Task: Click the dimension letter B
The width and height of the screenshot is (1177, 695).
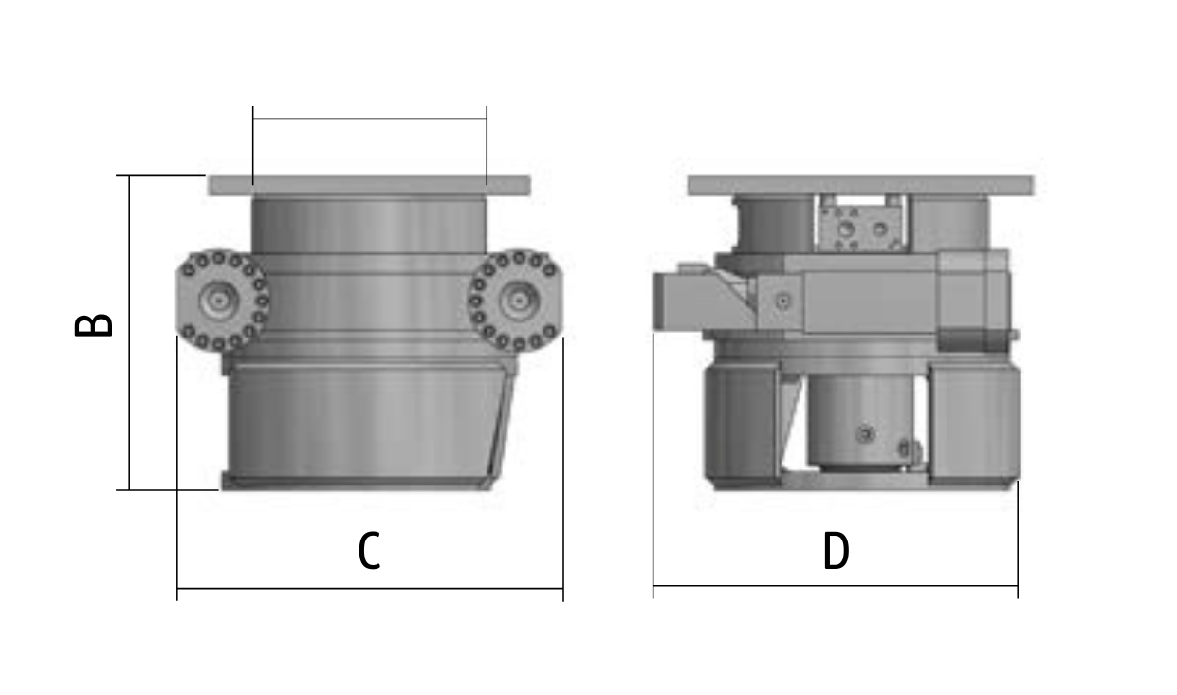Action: (x=94, y=325)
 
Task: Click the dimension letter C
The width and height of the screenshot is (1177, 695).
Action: (x=369, y=550)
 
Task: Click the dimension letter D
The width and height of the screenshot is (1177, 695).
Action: (x=836, y=550)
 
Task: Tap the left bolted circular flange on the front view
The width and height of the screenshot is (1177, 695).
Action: (x=223, y=300)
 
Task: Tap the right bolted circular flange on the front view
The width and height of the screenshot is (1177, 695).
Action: (x=515, y=300)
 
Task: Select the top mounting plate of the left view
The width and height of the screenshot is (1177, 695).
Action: (x=369, y=186)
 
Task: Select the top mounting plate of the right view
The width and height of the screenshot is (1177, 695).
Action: (x=860, y=186)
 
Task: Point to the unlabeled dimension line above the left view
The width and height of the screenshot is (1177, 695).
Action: (x=370, y=119)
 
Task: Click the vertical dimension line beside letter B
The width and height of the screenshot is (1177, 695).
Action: (x=129, y=333)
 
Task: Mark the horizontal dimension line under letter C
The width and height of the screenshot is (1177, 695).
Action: (x=370, y=588)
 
